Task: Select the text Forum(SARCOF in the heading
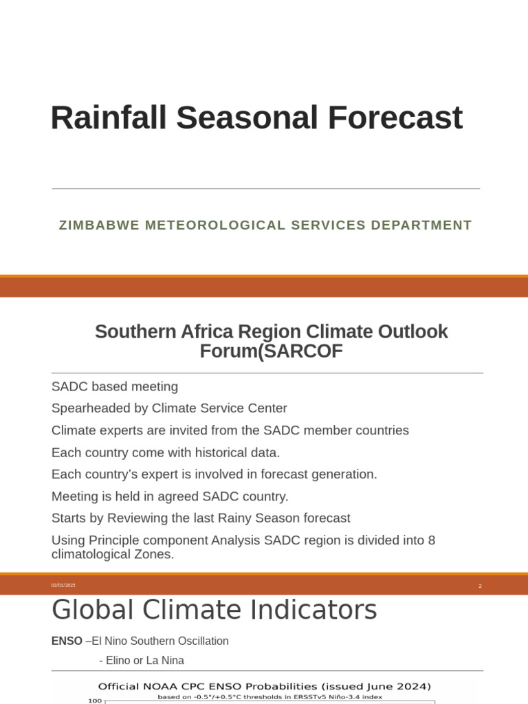point(271,351)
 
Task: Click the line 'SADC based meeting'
point(115,386)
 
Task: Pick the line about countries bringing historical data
point(166,452)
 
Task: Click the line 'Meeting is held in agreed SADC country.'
point(170,496)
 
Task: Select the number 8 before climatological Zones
point(431,540)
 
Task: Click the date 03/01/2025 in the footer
point(63,586)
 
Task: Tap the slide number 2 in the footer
point(480,586)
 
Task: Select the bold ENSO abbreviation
point(67,641)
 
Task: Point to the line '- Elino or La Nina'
point(142,661)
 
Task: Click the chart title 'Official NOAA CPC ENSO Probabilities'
point(264,686)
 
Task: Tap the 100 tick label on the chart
point(95,701)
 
